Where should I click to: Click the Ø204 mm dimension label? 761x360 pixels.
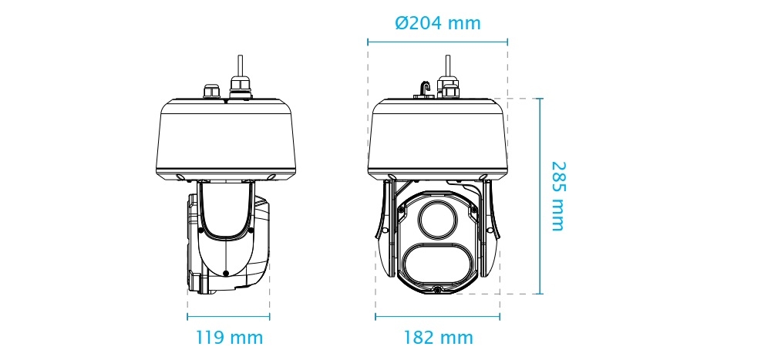pyautogui.click(x=437, y=23)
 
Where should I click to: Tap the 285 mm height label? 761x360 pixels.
pyautogui.click(x=557, y=196)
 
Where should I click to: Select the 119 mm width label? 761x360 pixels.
pyautogui.click(x=228, y=338)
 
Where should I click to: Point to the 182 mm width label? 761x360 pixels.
pyautogui.click(x=438, y=338)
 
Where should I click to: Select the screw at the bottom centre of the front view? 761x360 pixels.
pyautogui.click(x=438, y=290)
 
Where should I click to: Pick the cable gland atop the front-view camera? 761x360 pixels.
pyautogui.click(x=446, y=86)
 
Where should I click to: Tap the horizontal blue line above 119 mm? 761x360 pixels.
pyautogui.click(x=228, y=317)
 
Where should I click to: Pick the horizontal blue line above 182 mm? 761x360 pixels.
pyautogui.click(x=438, y=317)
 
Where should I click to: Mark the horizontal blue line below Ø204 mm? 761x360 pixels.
pyautogui.click(x=437, y=41)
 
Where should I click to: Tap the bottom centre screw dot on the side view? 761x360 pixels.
pyautogui.click(x=224, y=274)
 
